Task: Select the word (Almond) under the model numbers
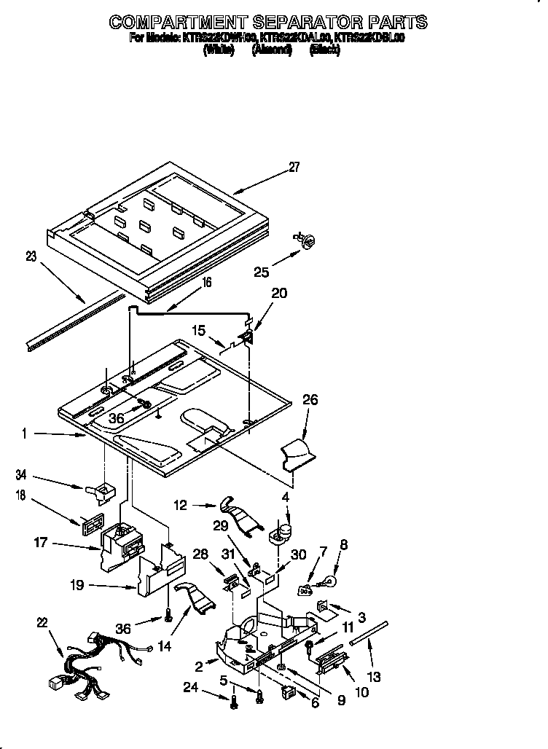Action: tap(272, 50)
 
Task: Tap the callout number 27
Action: tap(294, 167)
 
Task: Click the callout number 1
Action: tap(24, 434)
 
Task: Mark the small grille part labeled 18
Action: tap(91, 522)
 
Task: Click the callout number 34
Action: tap(21, 476)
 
